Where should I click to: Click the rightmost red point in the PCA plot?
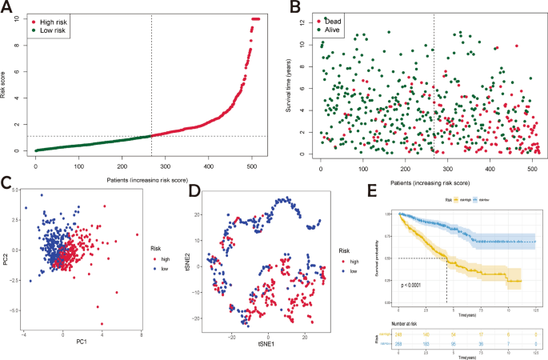pos(137,234)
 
